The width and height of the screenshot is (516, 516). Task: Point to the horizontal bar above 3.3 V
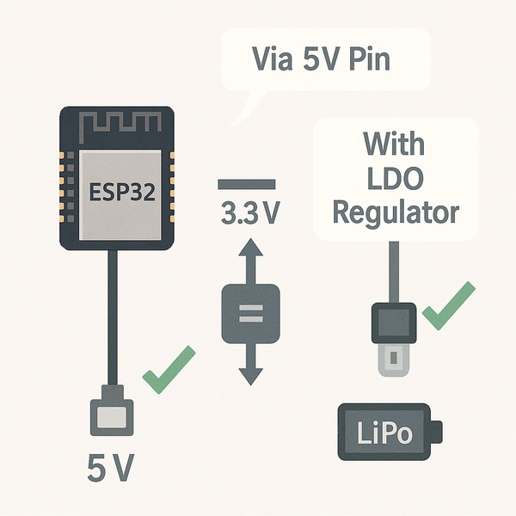pyautogui.click(x=247, y=184)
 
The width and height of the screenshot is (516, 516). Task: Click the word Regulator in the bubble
pyautogui.click(x=395, y=212)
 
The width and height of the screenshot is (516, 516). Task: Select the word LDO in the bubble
pyautogui.click(x=395, y=176)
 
